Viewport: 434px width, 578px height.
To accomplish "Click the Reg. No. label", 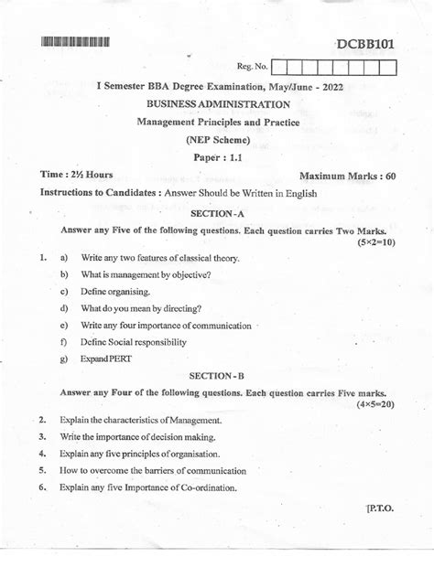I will tap(252, 66).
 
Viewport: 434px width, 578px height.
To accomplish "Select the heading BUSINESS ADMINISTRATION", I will tap(217, 105).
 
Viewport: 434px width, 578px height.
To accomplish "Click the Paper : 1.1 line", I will tap(217, 155).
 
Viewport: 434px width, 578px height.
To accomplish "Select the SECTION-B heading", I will tap(217, 376).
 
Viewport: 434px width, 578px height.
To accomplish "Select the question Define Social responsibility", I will tap(134, 341).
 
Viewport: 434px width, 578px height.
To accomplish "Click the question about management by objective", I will tap(146, 274).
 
